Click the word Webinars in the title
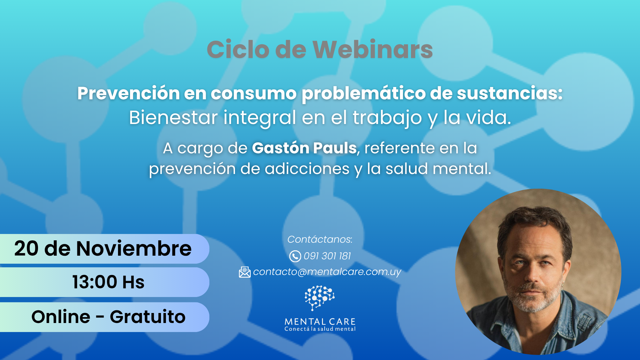[373, 49]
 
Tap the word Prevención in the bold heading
[129, 93]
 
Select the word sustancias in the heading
[510, 93]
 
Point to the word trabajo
[387, 118]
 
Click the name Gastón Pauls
[304, 148]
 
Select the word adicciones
[307, 169]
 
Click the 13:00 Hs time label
[108, 282]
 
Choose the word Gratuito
[148, 317]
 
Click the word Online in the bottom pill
[61, 317]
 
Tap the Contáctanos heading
[320, 239]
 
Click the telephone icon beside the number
[295, 256]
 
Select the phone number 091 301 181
[327, 256]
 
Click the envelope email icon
[245, 272]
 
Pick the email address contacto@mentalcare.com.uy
[327, 272]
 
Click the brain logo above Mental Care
[320, 298]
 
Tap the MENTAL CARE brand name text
[320, 322]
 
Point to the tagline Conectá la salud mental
[320, 329]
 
